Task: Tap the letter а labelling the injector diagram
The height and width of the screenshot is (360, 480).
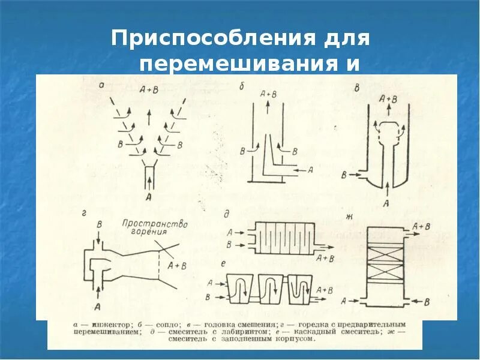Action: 101,86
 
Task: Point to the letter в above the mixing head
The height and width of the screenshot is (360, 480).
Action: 358,88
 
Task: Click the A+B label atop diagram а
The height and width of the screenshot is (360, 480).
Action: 149,91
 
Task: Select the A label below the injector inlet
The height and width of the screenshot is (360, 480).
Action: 147,196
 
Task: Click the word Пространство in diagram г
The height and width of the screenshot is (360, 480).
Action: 155,224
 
